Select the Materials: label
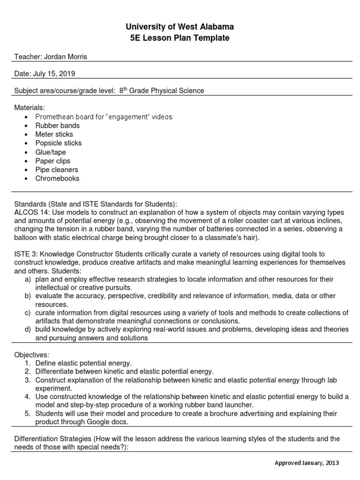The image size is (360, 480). (30, 108)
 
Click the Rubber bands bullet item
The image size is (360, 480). (57, 126)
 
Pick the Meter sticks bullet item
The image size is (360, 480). (54, 135)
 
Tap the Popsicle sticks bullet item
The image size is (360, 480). (58, 143)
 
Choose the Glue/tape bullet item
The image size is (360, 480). (51, 152)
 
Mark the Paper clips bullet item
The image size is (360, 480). (53, 161)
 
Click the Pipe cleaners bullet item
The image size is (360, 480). (57, 170)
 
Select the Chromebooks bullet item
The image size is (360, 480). (57, 179)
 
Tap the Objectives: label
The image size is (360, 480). (31, 354)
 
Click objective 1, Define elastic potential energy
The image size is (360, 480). (83, 363)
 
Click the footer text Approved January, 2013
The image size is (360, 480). (307, 463)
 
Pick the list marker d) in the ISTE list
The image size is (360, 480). (28, 329)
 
